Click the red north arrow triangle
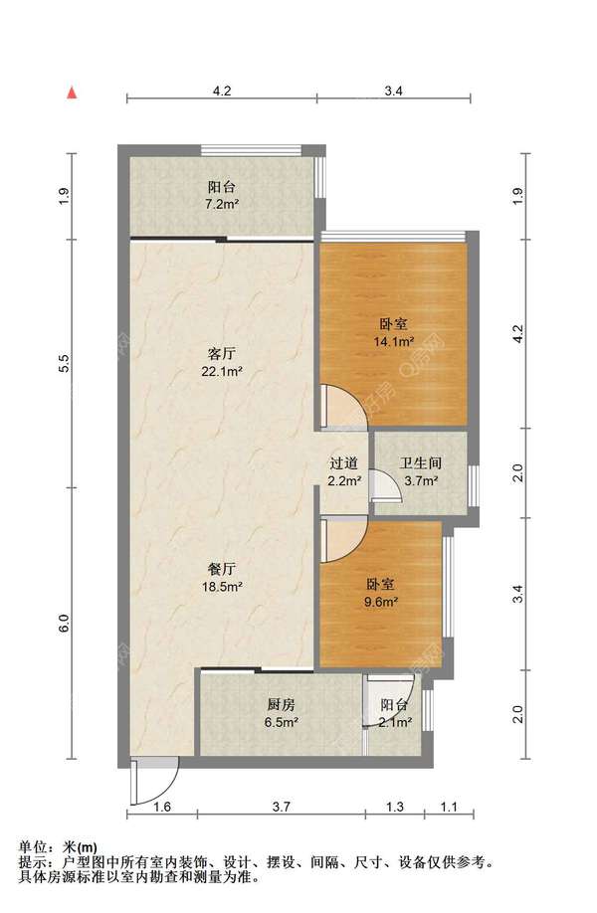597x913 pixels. pos(72,93)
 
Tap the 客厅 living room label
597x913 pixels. pos(222,353)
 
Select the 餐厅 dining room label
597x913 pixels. pos(222,569)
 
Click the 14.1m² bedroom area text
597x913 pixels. pos(394,342)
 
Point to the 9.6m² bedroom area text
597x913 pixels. pos(381,602)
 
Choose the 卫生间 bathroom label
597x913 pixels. pos(421,463)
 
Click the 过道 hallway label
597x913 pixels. pos(344,463)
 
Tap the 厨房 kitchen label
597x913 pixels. pos(282,704)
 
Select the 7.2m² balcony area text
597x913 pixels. pos(222,204)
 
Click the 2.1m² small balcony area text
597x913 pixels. pos(395,723)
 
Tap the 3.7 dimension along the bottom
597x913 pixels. pos(282,807)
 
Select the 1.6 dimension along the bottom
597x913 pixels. pos(162,807)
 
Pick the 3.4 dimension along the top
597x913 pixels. pos(394,91)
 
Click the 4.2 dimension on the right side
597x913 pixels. pos(518,333)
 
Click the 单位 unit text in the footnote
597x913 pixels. pos(33,847)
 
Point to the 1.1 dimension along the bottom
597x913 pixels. pos(449,807)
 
